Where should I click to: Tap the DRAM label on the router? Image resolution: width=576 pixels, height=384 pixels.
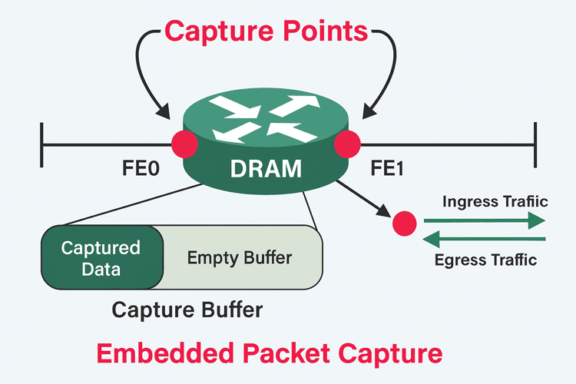point(266,168)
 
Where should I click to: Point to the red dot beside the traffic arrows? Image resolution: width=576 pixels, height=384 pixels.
point(404,223)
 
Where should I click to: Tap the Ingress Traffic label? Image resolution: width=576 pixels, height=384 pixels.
point(495,202)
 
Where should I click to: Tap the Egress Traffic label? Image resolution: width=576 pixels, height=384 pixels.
point(485,260)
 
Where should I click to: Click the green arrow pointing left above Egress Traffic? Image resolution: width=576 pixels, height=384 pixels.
point(484,238)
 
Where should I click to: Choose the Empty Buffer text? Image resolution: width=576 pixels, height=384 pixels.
point(240,257)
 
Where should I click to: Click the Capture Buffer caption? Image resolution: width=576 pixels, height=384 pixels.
point(187,310)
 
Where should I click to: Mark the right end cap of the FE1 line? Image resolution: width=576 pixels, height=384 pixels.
point(534,144)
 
